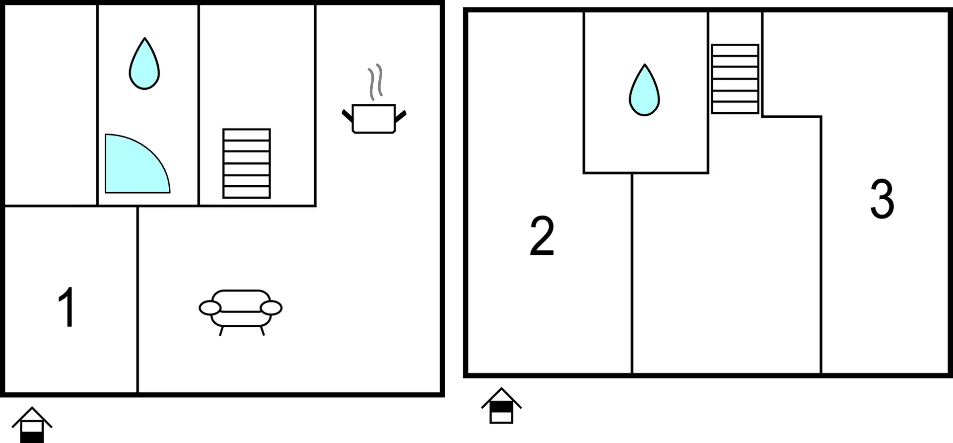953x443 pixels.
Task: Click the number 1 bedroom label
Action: tap(67, 307)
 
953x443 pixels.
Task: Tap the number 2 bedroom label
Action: tap(542, 236)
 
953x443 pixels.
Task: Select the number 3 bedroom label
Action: tap(882, 199)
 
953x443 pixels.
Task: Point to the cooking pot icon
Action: tap(374, 119)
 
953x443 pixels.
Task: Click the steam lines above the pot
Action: tap(375, 82)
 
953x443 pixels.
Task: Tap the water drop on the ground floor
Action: tap(144, 64)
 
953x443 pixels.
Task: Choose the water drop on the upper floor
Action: tap(644, 90)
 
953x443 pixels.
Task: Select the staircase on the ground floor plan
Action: tap(247, 163)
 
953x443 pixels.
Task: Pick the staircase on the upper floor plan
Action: tap(735, 79)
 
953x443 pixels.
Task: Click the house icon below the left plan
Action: tap(32, 425)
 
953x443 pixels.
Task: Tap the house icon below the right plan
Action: tap(501, 405)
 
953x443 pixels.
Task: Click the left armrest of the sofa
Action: tap(210, 308)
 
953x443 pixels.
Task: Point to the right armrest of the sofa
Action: tap(271, 308)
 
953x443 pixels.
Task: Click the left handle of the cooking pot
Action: tap(347, 116)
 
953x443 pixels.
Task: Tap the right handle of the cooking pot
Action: tap(401, 116)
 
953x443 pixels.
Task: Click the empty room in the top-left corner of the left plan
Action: tap(51, 105)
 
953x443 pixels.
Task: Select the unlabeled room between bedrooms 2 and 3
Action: tap(727, 273)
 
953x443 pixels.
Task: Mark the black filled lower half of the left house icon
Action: tap(32, 438)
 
